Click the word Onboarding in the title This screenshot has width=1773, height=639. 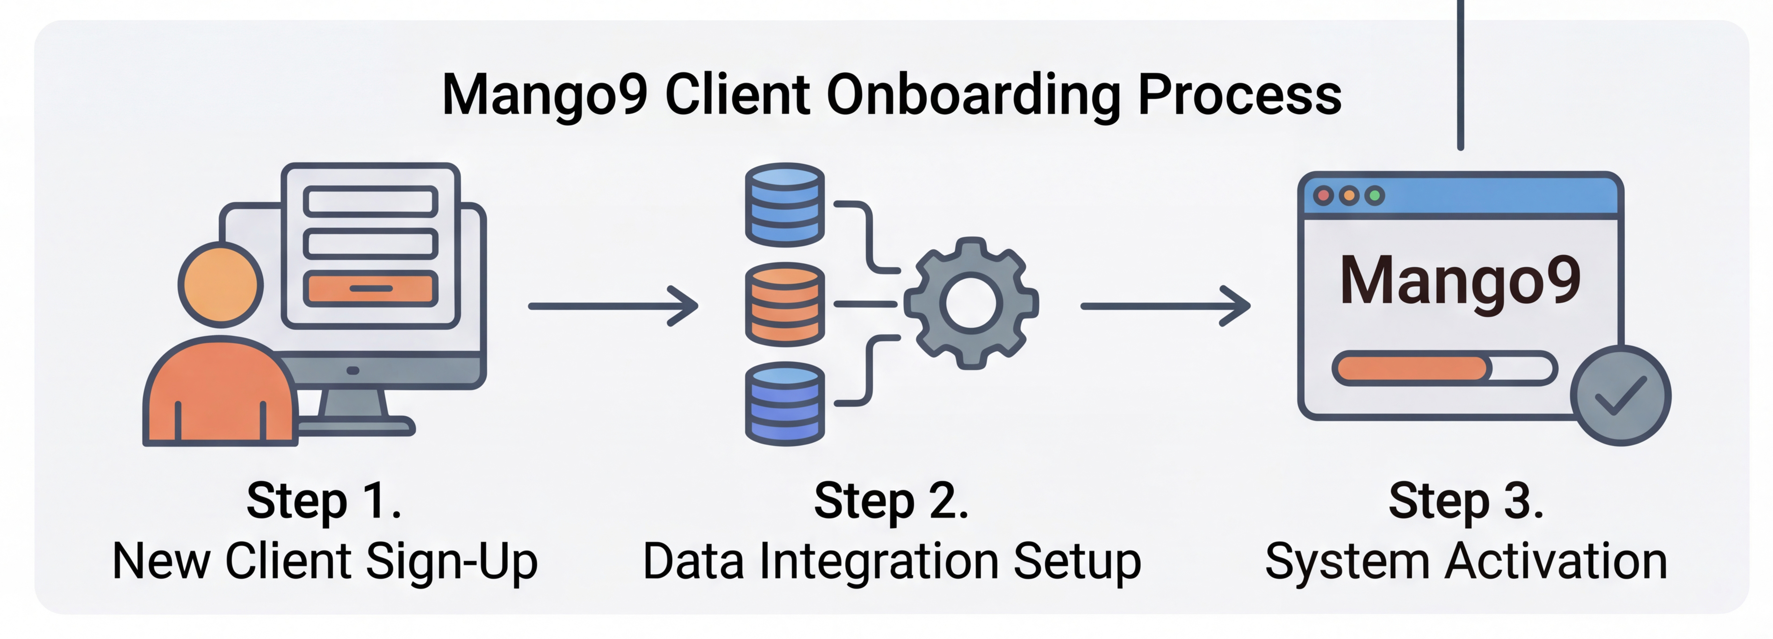[x=973, y=94]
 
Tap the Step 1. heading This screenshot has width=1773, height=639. [x=324, y=501]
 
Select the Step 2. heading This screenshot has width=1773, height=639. [x=891, y=501]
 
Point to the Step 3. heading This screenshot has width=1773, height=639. [x=1466, y=501]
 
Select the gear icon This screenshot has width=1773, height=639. [x=971, y=303]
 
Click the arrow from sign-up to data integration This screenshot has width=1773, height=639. [x=613, y=306]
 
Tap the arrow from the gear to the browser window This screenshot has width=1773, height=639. [x=1165, y=306]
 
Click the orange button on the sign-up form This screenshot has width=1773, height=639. [x=371, y=289]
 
